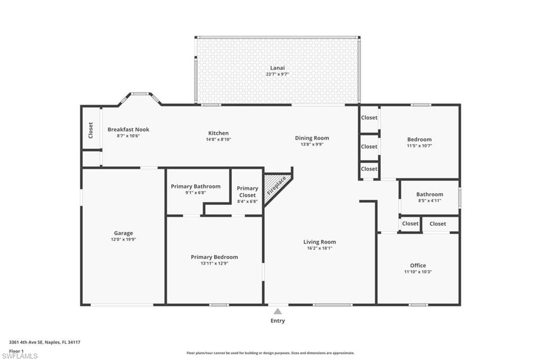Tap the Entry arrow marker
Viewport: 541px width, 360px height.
(x=278, y=311)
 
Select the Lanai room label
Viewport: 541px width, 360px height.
(x=277, y=68)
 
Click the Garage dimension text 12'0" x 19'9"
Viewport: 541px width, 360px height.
(x=124, y=239)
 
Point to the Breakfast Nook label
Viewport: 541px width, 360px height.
(x=128, y=130)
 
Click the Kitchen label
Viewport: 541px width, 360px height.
(x=218, y=133)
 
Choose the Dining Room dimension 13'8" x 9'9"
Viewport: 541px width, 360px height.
(x=312, y=145)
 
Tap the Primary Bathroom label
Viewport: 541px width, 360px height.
(x=195, y=186)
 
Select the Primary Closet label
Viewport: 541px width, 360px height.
(x=247, y=192)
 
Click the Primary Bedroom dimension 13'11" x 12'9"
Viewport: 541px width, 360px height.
(x=214, y=263)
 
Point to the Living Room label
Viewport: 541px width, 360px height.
(x=320, y=242)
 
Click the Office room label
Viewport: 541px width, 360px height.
(x=418, y=266)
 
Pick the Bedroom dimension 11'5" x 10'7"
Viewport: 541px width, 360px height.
(x=419, y=146)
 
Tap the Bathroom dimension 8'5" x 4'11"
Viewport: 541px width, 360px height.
(x=430, y=201)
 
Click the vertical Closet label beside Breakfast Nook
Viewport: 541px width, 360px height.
(x=91, y=130)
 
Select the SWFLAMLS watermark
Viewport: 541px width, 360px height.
(x=20, y=356)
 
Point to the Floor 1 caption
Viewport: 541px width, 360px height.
(x=16, y=351)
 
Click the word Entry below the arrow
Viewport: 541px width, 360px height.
(x=278, y=321)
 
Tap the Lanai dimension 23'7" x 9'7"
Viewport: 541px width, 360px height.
(x=277, y=74)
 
